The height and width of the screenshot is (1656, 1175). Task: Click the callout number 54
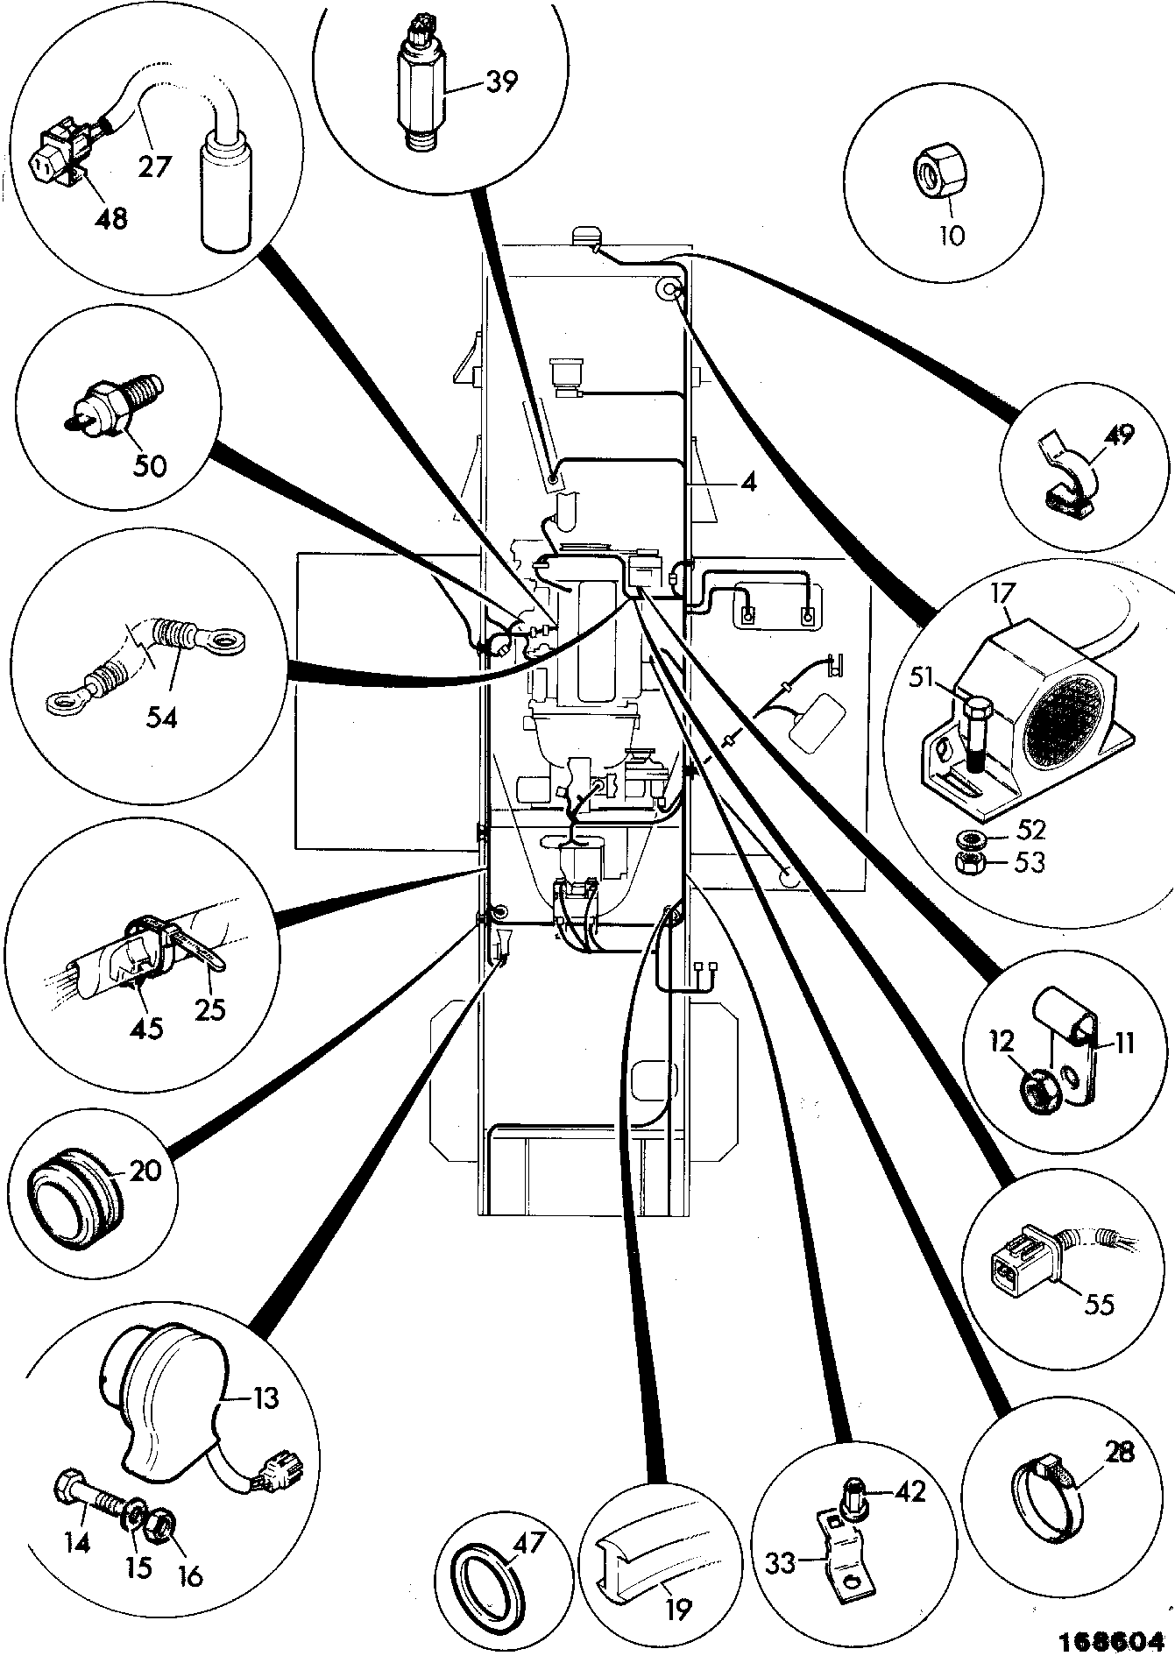tap(162, 718)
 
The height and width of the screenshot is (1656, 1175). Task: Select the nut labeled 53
tap(971, 863)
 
